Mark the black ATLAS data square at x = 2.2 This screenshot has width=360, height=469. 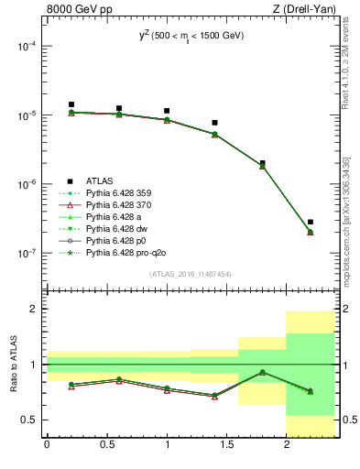[311, 222]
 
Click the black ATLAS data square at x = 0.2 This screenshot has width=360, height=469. [71, 104]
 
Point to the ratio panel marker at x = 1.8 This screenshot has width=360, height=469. [263, 372]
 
